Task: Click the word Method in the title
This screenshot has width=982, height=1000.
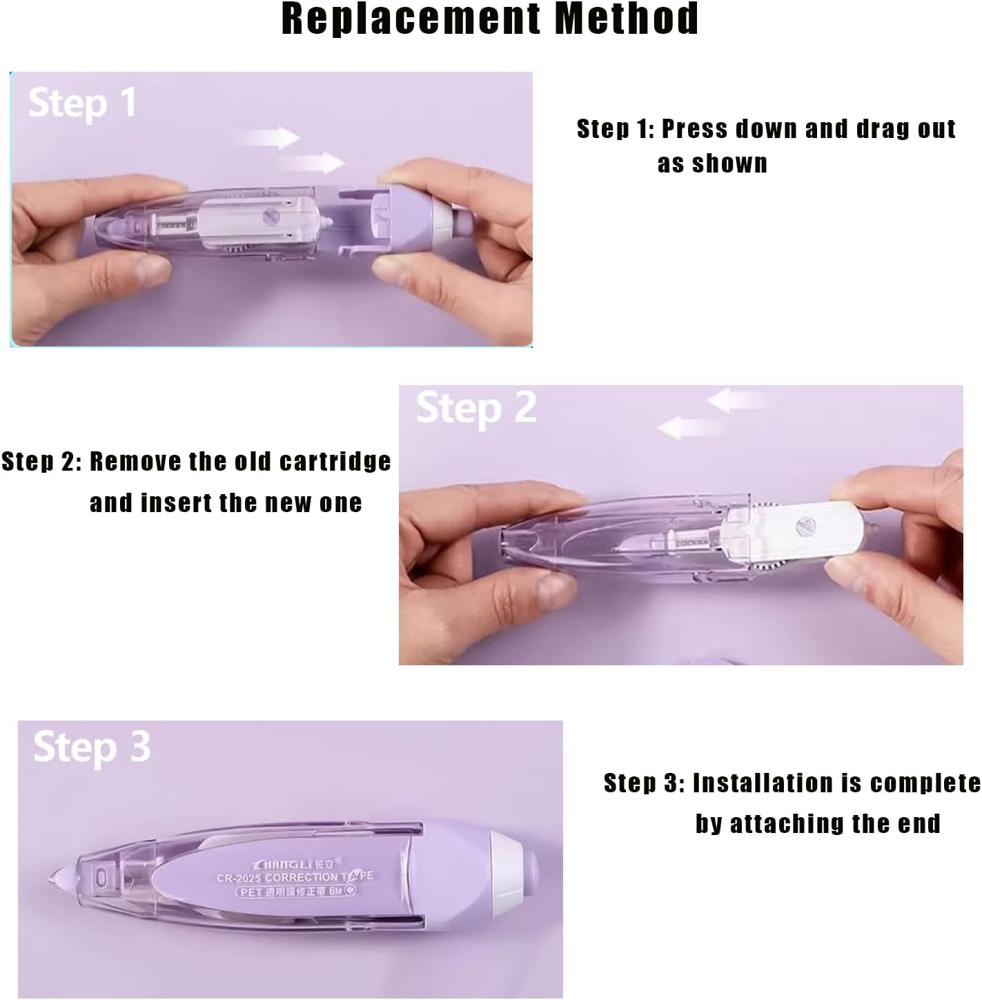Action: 627,19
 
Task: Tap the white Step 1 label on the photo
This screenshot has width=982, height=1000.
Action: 81,104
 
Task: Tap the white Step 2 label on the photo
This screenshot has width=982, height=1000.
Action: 476,408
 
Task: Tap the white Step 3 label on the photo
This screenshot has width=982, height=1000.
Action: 92,747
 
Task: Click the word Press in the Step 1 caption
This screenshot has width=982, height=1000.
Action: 694,129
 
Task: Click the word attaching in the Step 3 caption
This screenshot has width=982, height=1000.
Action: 787,823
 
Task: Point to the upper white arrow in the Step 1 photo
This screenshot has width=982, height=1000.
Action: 270,137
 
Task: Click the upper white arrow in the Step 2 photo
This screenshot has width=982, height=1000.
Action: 737,399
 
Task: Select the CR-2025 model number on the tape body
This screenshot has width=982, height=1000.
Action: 239,878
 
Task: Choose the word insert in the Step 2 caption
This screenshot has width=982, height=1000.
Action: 177,503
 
